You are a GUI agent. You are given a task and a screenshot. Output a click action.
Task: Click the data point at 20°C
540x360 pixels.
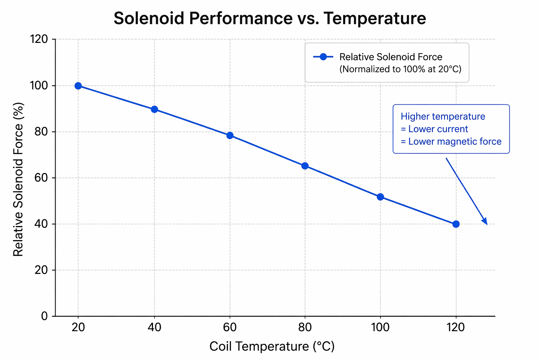[78, 86]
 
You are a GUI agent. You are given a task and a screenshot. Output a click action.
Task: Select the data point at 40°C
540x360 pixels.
[154, 109]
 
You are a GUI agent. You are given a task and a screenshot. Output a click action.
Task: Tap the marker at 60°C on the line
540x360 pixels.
[230, 135]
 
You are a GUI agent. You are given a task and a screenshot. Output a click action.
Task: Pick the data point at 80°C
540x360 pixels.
[305, 166]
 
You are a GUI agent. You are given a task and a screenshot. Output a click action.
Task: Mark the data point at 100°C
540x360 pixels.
[380, 197]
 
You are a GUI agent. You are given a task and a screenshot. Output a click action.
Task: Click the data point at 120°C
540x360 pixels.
[456, 224]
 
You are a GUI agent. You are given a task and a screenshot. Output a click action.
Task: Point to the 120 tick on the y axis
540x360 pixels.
[40, 39]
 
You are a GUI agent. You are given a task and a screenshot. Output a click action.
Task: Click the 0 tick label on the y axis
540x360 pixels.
[44, 316]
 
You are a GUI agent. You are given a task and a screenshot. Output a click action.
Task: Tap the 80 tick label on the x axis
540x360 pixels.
[305, 327]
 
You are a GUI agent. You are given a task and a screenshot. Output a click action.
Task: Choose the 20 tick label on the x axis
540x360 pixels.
[78, 327]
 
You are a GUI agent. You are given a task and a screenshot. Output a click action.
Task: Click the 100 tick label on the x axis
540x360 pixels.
[380, 327]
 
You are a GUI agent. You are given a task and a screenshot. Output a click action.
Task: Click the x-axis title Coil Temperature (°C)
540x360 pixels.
[272, 347]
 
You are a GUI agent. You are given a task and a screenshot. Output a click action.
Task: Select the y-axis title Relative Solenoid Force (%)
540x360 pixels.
[18, 179]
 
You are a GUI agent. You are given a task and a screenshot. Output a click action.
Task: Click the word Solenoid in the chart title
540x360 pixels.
[149, 19]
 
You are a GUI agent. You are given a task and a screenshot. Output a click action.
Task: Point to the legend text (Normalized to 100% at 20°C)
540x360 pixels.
[400, 69]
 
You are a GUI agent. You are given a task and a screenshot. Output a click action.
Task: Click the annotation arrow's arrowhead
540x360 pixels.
[486, 222]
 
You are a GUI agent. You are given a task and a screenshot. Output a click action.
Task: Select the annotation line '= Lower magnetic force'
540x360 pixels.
[451, 142]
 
